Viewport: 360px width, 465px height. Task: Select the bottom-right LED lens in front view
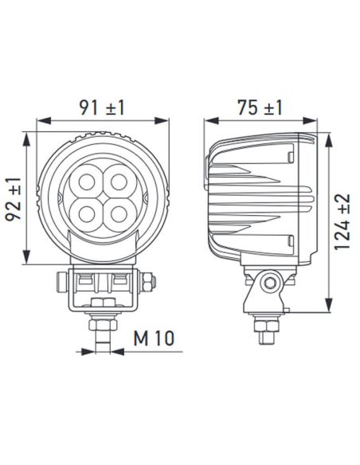pyautogui.click(x=120, y=213)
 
